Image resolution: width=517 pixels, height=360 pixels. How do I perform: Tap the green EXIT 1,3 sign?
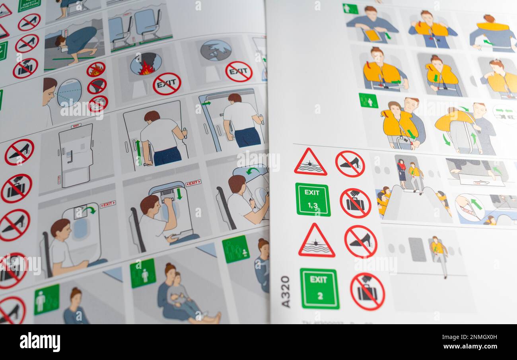tap(313, 200)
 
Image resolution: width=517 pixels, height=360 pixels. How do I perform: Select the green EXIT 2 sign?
tap(319, 288)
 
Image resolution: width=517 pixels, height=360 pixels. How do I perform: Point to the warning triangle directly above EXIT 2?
tap(316, 241)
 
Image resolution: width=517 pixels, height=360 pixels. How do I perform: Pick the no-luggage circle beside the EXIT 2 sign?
tap(367, 292)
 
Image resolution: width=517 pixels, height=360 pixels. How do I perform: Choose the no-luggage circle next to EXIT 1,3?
tap(355, 203)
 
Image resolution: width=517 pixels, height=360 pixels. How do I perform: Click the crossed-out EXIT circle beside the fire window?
tap(167, 84)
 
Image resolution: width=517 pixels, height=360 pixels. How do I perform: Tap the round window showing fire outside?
tap(146, 64)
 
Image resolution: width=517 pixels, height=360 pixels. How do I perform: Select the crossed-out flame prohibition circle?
tap(96, 70)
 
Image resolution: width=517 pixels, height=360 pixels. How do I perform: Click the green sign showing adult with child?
tap(142, 273)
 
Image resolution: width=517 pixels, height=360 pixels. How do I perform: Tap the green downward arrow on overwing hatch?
tap(179, 194)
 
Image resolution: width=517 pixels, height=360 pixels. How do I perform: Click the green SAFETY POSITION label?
tap(29, 5)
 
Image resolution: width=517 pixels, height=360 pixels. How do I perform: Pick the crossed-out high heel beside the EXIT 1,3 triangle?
tap(350, 163)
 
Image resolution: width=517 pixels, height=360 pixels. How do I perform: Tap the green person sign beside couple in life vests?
tap(368, 101)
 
